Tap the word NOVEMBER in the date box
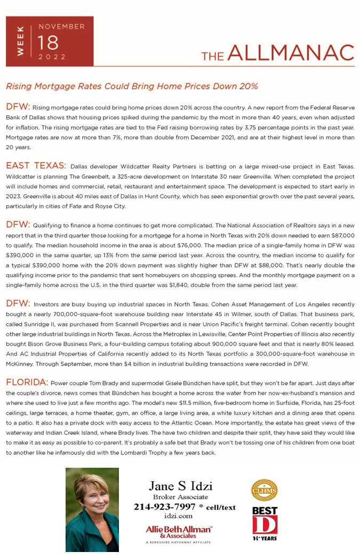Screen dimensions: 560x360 click(x=61, y=26)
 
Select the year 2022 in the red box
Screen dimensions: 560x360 click(x=52, y=57)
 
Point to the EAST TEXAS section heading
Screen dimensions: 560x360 click(x=36, y=166)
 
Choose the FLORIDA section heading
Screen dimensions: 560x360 click(x=27, y=382)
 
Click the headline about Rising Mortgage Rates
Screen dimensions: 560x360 click(x=132, y=86)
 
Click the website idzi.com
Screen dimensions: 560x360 click(x=179, y=516)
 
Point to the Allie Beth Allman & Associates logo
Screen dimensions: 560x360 click(x=179, y=531)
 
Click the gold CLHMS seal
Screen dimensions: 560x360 click(x=265, y=490)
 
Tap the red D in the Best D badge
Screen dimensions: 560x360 click(x=265, y=524)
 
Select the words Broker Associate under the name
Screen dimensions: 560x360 click(x=180, y=497)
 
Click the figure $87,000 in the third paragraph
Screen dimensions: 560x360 click(x=342, y=235)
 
